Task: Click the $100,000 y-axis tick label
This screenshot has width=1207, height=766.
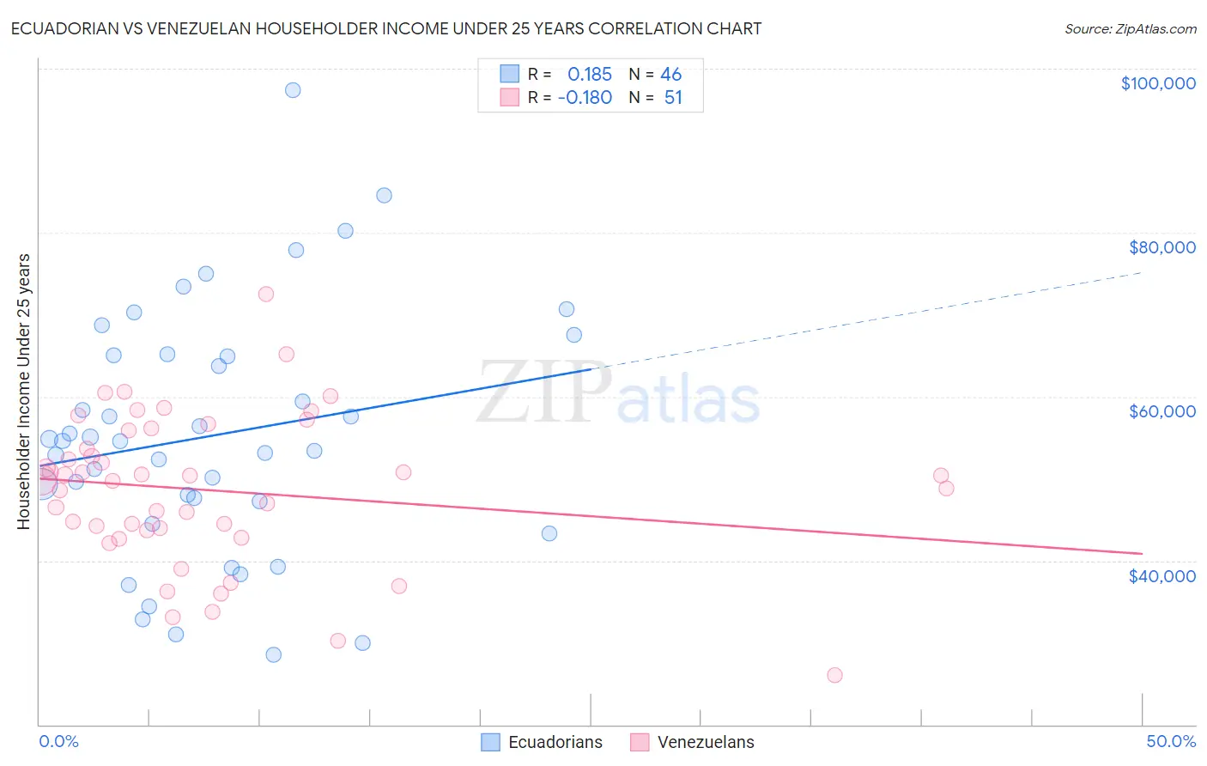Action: click(x=1158, y=83)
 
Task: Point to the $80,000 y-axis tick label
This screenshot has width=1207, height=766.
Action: click(x=1162, y=247)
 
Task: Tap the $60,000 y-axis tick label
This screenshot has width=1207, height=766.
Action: click(x=1162, y=411)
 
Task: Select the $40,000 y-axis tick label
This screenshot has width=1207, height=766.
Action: click(x=1162, y=576)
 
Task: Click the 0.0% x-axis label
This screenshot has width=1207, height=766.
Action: click(x=58, y=741)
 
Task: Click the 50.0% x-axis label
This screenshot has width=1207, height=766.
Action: click(x=1171, y=741)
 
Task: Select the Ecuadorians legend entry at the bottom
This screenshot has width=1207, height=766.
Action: click(x=542, y=742)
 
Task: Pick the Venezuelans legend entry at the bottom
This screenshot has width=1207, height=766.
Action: click(x=692, y=742)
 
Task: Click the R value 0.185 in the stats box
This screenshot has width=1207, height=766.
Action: click(x=590, y=75)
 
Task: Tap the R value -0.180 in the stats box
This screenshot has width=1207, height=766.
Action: click(x=585, y=98)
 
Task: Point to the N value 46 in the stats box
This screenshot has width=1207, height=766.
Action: click(x=670, y=75)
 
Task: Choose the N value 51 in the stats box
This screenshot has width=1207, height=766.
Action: click(x=673, y=98)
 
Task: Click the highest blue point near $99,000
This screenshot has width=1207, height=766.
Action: click(x=293, y=90)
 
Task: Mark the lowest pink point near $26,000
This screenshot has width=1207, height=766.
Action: click(x=834, y=675)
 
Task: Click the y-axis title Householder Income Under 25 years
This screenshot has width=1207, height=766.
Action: click(x=23, y=392)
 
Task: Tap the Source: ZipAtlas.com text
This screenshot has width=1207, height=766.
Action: click(x=1130, y=29)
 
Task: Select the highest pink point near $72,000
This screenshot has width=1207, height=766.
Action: click(x=266, y=294)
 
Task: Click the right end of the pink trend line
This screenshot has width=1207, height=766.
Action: click(x=1142, y=553)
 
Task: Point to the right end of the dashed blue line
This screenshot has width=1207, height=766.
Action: click(x=1142, y=272)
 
